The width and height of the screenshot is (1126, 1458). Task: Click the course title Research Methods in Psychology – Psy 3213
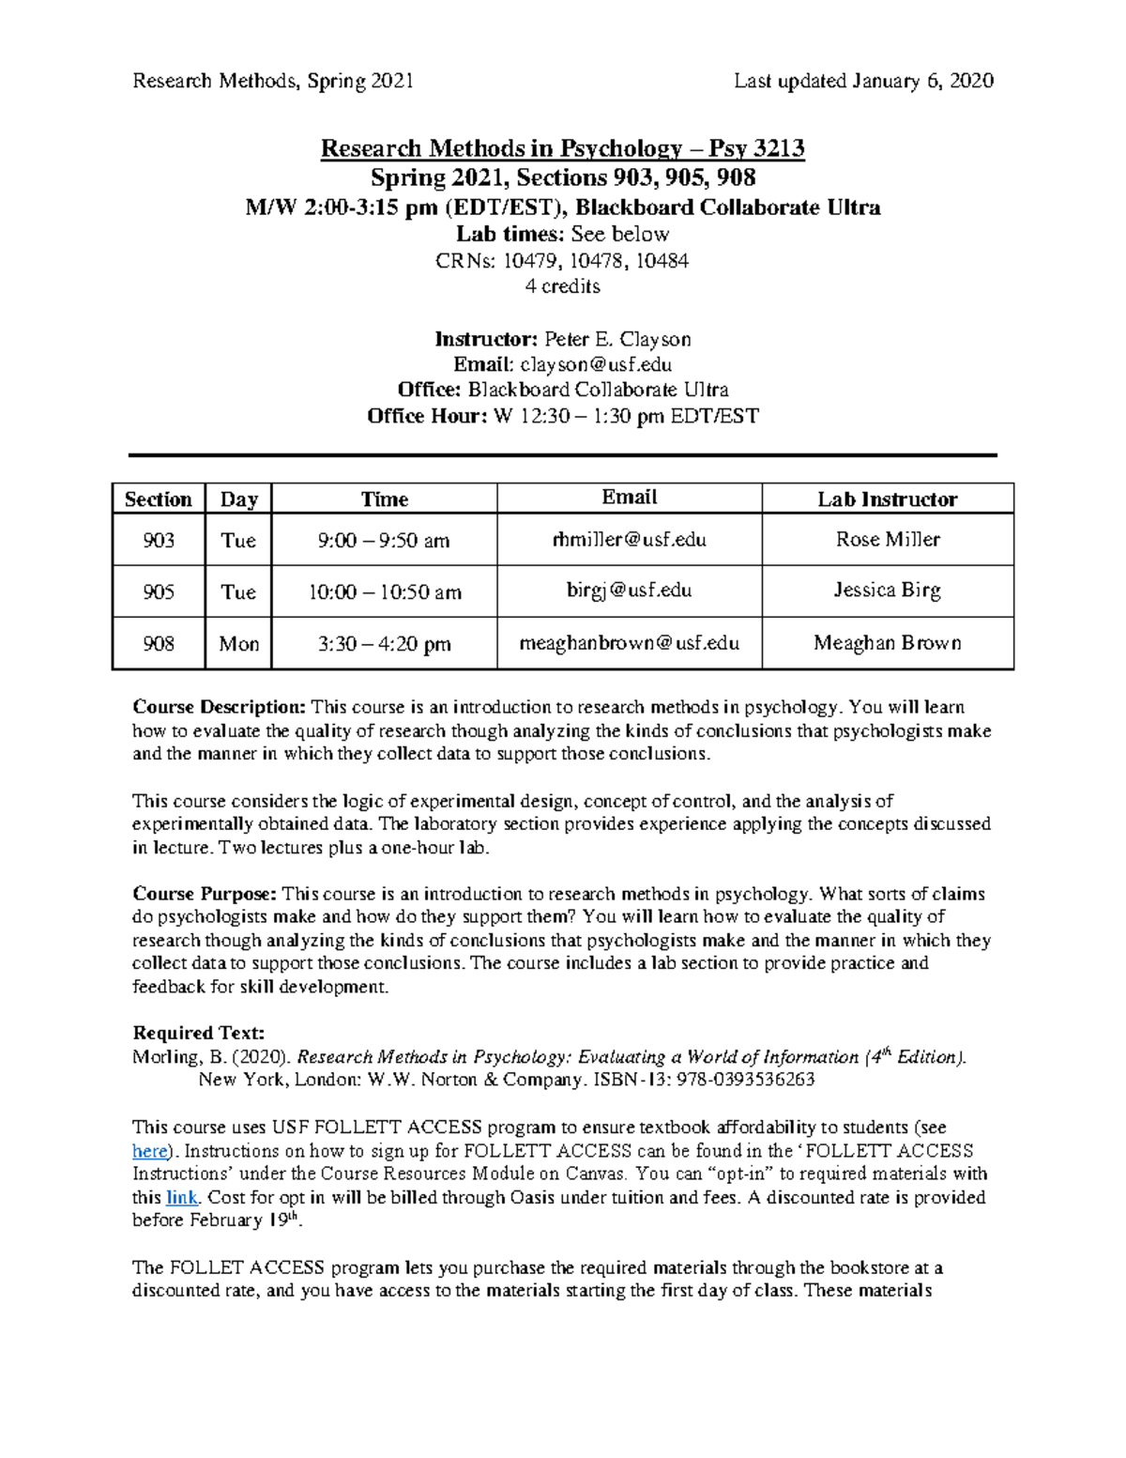pyautogui.click(x=562, y=148)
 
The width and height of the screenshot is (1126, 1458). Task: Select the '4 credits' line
pyautogui.click(x=562, y=286)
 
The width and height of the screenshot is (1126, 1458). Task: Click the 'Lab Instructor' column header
pyautogui.click(x=887, y=499)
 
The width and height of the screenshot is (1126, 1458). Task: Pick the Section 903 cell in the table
pyautogui.click(x=159, y=540)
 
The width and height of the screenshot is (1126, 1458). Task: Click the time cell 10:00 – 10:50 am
pyautogui.click(x=385, y=592)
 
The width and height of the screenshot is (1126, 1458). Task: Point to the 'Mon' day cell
pyautogui.click(x=238, y=644)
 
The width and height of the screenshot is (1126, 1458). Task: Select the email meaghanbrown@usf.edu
pyautogui.click(x=629, y=643)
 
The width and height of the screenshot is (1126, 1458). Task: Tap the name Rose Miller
pyautogui.click(x=887, y=540)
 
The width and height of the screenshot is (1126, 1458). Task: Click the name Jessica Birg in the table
pyautogui.click(x=887, y=591)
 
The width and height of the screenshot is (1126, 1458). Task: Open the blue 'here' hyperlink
pyautogui.click(x=149, y=1151)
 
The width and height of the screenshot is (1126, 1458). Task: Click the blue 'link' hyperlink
pyautogui.click(x=181, y=1197)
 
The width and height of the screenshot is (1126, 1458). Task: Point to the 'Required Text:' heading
pyautogui.click(x=199, y=1034)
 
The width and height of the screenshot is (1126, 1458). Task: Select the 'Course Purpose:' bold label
pyautogui.click(x=205, y=894)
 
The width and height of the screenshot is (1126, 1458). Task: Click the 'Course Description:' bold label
pyautogui.click(x=220, y=707)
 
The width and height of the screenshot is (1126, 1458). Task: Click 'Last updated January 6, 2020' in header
pyautogui.click(x=863, y=81)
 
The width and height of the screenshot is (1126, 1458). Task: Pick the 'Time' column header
pyautogui.click(x=385, y=499)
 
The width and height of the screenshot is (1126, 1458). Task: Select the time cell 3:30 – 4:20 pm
pyautogui.click(x=385, y=644)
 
